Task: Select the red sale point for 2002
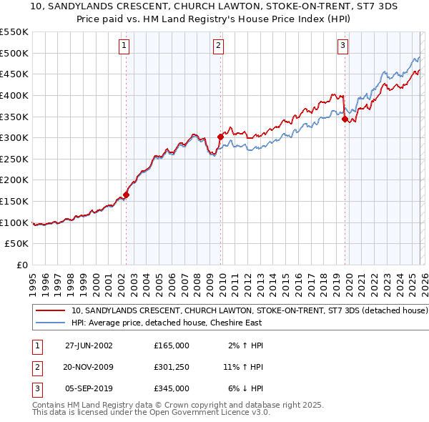click(127, 194)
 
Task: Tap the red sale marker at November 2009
click(220, 136)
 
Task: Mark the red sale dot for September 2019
click(345, 119)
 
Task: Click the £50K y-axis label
click(17, 244)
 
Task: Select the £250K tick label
click(14, 159)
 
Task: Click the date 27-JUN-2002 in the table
click(89, 345)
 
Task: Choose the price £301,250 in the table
click(171, 367)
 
